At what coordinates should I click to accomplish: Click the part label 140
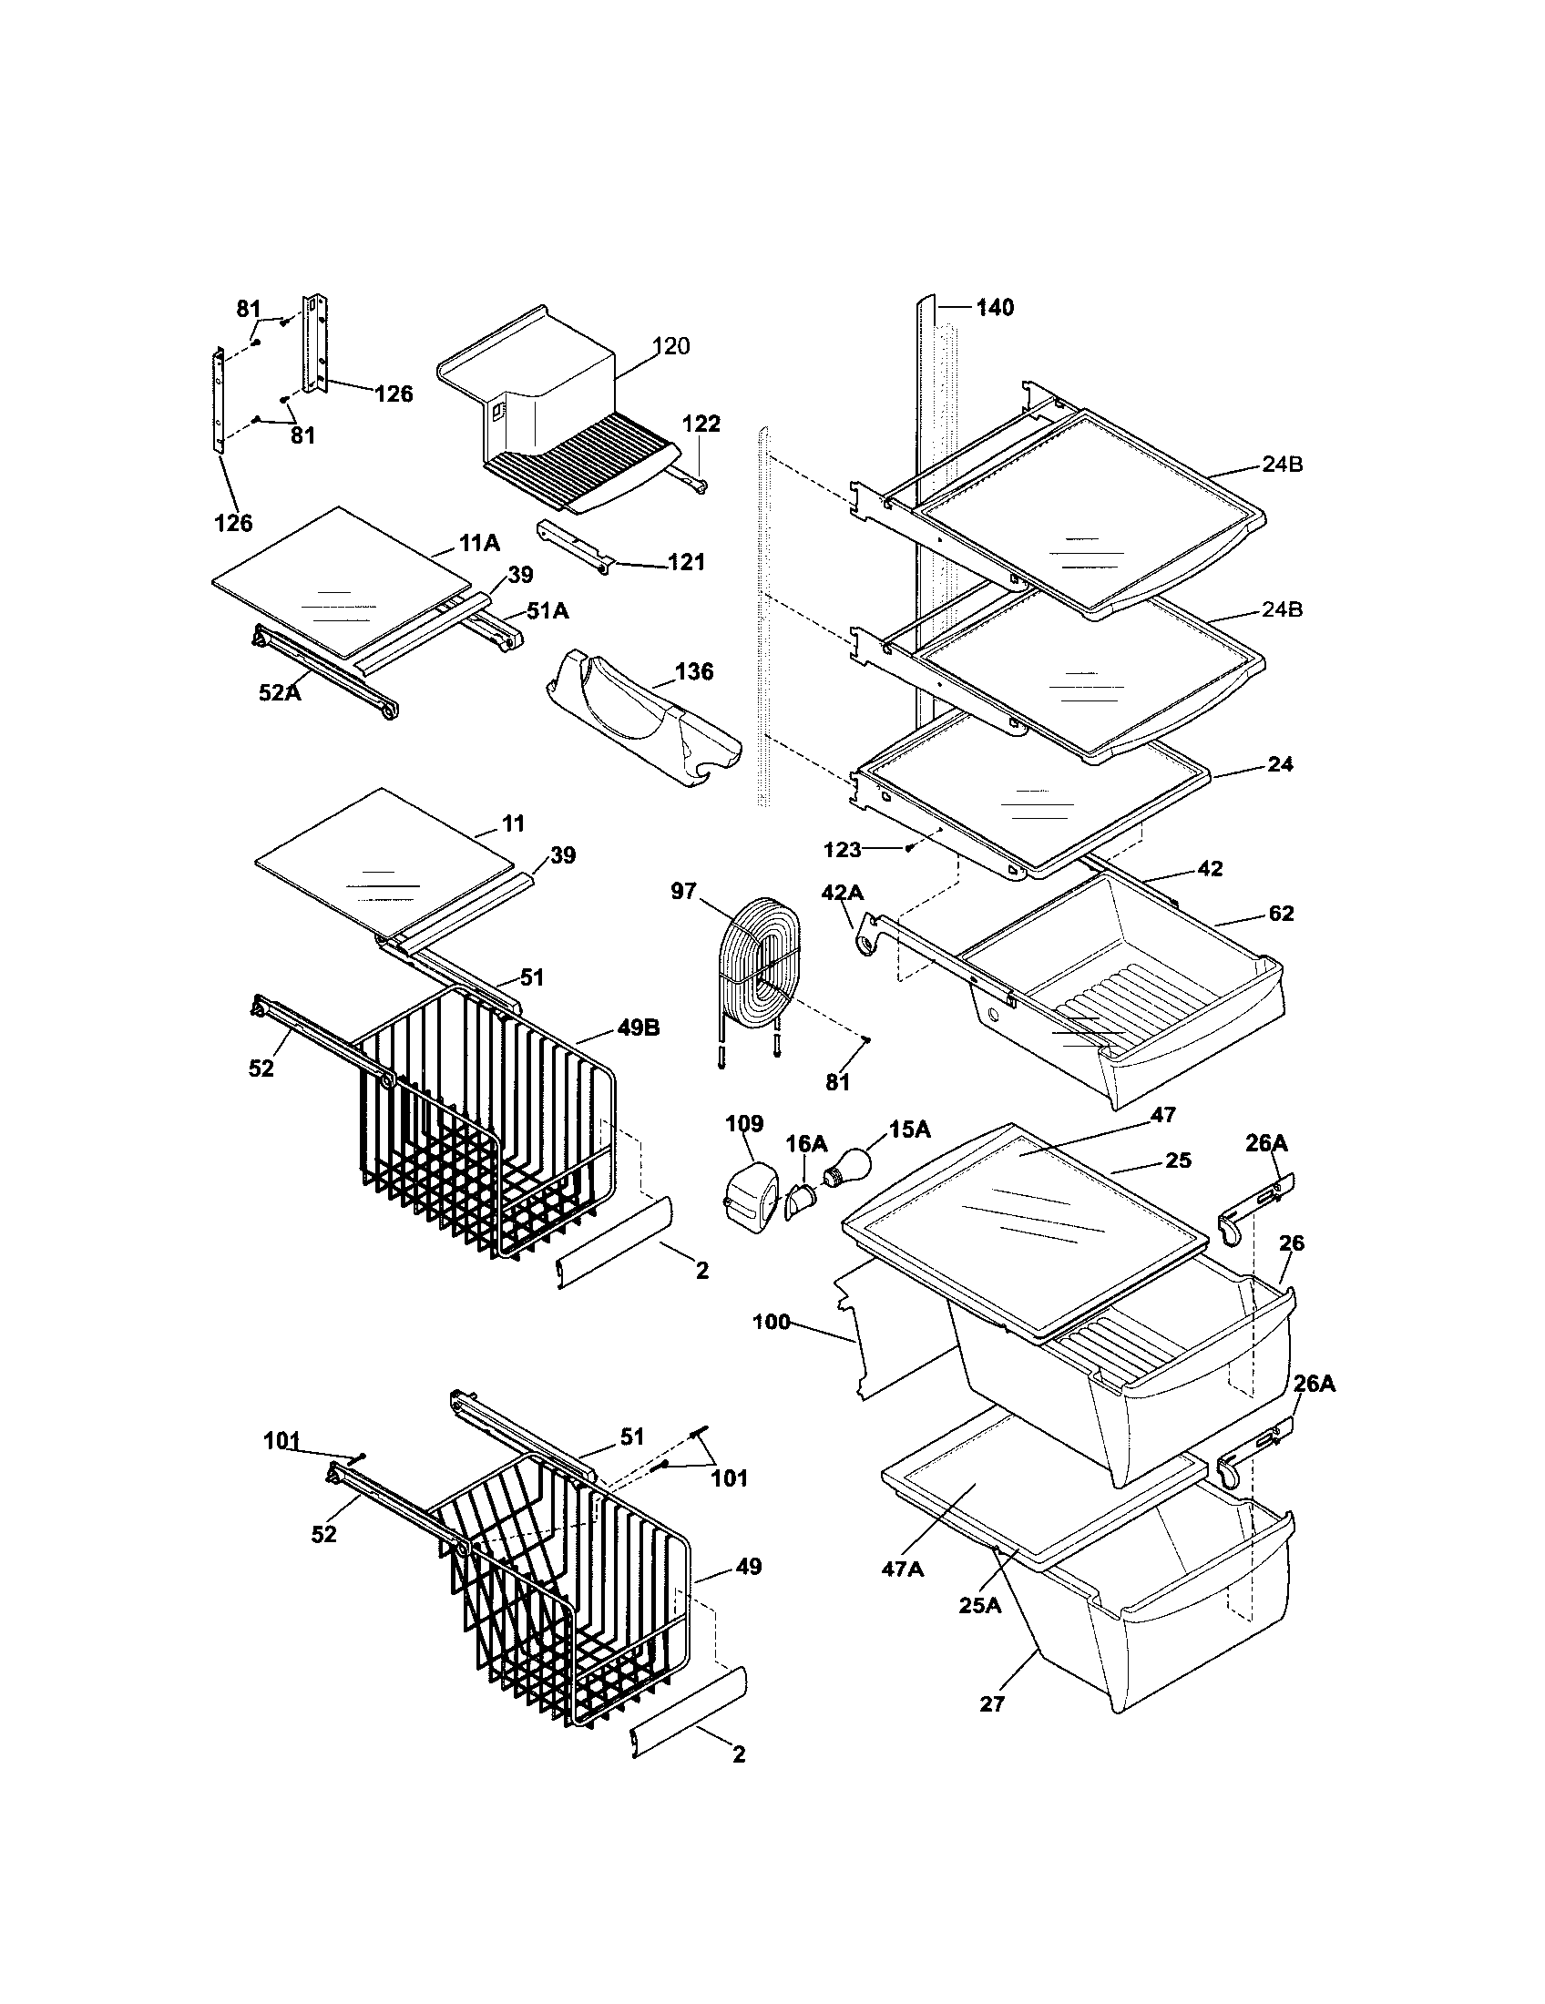click(995, 307)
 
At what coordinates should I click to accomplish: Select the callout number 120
click(671, 346)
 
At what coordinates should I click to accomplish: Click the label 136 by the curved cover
click(693, 671)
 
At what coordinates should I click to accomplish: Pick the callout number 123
click(842, 850)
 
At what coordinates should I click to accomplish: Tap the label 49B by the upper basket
click(639, 1028)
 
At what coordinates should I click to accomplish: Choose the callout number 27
click(992, 1704)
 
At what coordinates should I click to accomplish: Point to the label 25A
click(979, 1605)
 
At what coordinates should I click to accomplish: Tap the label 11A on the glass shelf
click(479, 543)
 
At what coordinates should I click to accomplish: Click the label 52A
click(279, 693)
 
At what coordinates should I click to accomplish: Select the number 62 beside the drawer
click(1281, 913)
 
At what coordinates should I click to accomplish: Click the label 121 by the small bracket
click(686, 561)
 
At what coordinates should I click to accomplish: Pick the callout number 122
click(701, 424)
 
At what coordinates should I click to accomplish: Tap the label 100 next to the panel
click(771, 1323)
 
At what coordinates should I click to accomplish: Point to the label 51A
click(547, 610)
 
